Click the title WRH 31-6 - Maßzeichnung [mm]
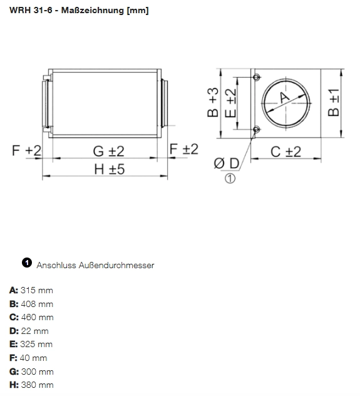[x=79, y=11]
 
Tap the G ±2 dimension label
[x=109, y=151]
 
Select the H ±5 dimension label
[x=109, y=169]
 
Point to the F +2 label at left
[x=26, y=150]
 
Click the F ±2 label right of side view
[x=184, y=148]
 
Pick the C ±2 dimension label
[x=286, y=152]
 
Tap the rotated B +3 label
[x=213, y=102]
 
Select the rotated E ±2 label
[x=230, y=103]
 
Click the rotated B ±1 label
[x=333, y=102]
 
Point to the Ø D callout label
[x=227, y=163]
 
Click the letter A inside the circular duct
[x=285, y=98]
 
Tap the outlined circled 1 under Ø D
[x=230, y=179]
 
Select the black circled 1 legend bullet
[x=27, y=263]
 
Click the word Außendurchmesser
[x=116, y=265]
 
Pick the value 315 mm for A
[x=37, y=290]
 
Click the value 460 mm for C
[x=38, y=317]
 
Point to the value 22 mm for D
[x=34, y=331]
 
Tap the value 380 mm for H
[x=38, y=385]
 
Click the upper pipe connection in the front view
[x=256, y=77]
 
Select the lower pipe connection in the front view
[x=256, y=130]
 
